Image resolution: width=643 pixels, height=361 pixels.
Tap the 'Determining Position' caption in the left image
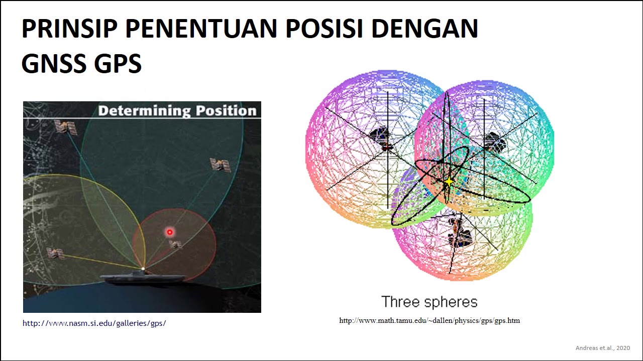177,111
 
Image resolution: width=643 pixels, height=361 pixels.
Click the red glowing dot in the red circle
170,232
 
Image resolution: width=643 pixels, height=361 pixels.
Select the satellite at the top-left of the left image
65,127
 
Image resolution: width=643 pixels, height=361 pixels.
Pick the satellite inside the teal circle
220,164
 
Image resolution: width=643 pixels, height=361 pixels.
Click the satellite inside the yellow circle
55,253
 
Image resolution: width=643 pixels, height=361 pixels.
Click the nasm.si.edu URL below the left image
94,323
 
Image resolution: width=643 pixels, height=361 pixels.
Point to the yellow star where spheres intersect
449,182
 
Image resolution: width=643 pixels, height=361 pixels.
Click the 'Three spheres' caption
429,302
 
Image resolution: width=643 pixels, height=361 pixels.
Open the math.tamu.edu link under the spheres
430,320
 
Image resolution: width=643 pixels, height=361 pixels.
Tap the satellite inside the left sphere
382,138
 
